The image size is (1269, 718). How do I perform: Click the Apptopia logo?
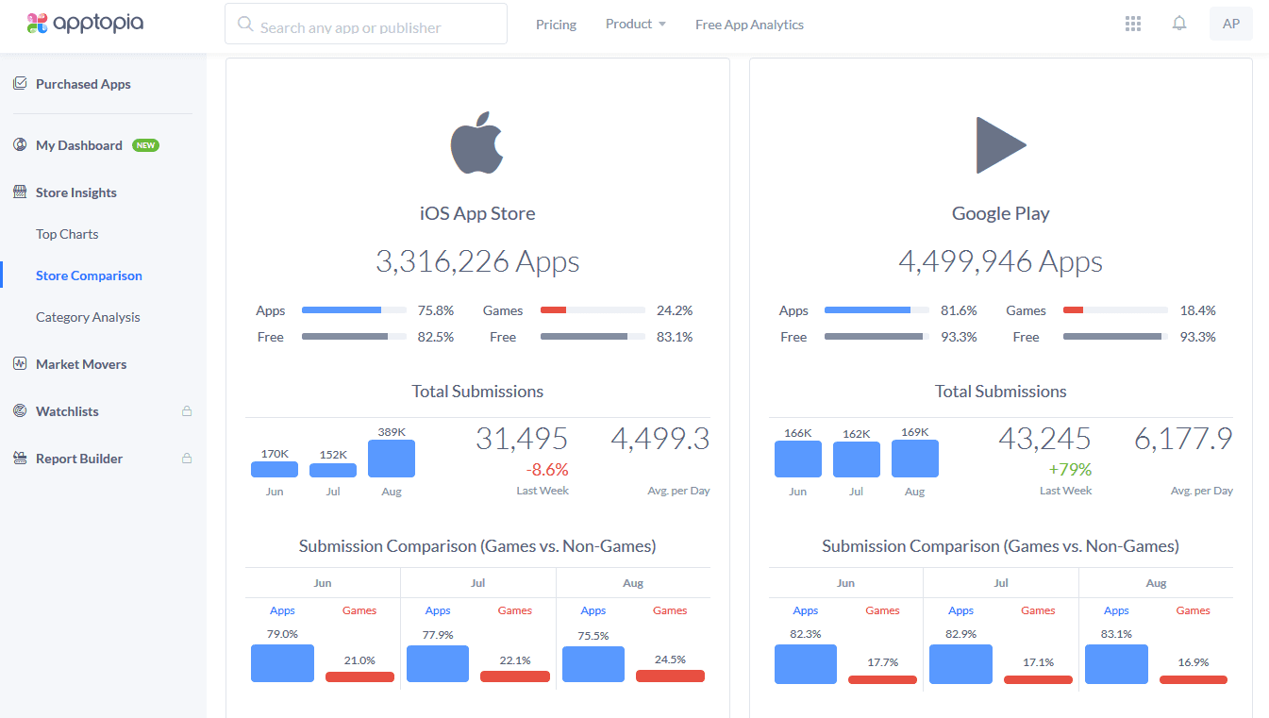[x=85, y=24]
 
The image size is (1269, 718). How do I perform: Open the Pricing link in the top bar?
[x=556, y=25]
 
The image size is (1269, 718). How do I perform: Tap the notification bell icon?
[x=1179, y=24]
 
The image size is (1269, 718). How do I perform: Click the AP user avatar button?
[x=1230, y=25]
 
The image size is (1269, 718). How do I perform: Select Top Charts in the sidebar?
[x=67, y=234]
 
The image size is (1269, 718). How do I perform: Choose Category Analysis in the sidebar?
[x=88, y=317]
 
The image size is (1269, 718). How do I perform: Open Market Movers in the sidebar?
[x=81, y=364]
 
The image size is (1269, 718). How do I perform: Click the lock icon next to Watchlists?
[x=187, y=411]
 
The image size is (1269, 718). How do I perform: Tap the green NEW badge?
[x=145, y=145]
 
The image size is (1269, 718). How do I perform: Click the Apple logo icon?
[x=477, y=143]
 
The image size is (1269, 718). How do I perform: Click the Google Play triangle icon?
[x=1000, y=144]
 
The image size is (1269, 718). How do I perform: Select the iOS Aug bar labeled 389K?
[x=392, y=459]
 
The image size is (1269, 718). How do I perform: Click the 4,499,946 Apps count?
[x=1000, y=261]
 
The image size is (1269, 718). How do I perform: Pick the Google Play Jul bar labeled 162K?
[x=857, y=459]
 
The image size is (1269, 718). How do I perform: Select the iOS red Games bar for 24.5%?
[x=670, y=676]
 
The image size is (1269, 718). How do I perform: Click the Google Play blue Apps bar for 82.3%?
[x=806, y=664]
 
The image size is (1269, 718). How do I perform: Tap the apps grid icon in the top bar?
[x=1133, y=24]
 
